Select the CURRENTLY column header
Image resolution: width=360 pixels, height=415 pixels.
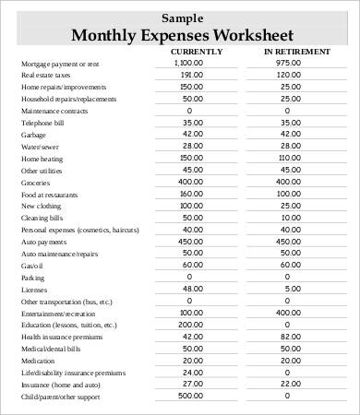point(196,52)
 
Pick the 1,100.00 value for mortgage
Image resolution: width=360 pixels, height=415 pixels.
point(188,63)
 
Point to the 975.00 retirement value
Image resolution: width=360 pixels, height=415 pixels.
point(288,63)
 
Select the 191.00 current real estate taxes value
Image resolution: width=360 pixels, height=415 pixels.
point(192,75)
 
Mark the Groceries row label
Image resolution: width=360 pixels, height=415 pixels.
point(36,183)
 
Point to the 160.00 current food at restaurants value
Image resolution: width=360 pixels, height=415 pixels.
point(192,194)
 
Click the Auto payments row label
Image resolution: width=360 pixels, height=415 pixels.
point(42,242)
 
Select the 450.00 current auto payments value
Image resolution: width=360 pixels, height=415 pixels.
point(192,242)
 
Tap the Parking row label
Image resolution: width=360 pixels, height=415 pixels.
point(32,277)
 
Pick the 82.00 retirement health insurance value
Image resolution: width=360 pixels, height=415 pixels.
point(290,337)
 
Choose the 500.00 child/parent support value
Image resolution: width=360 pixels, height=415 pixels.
point(192,396)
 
